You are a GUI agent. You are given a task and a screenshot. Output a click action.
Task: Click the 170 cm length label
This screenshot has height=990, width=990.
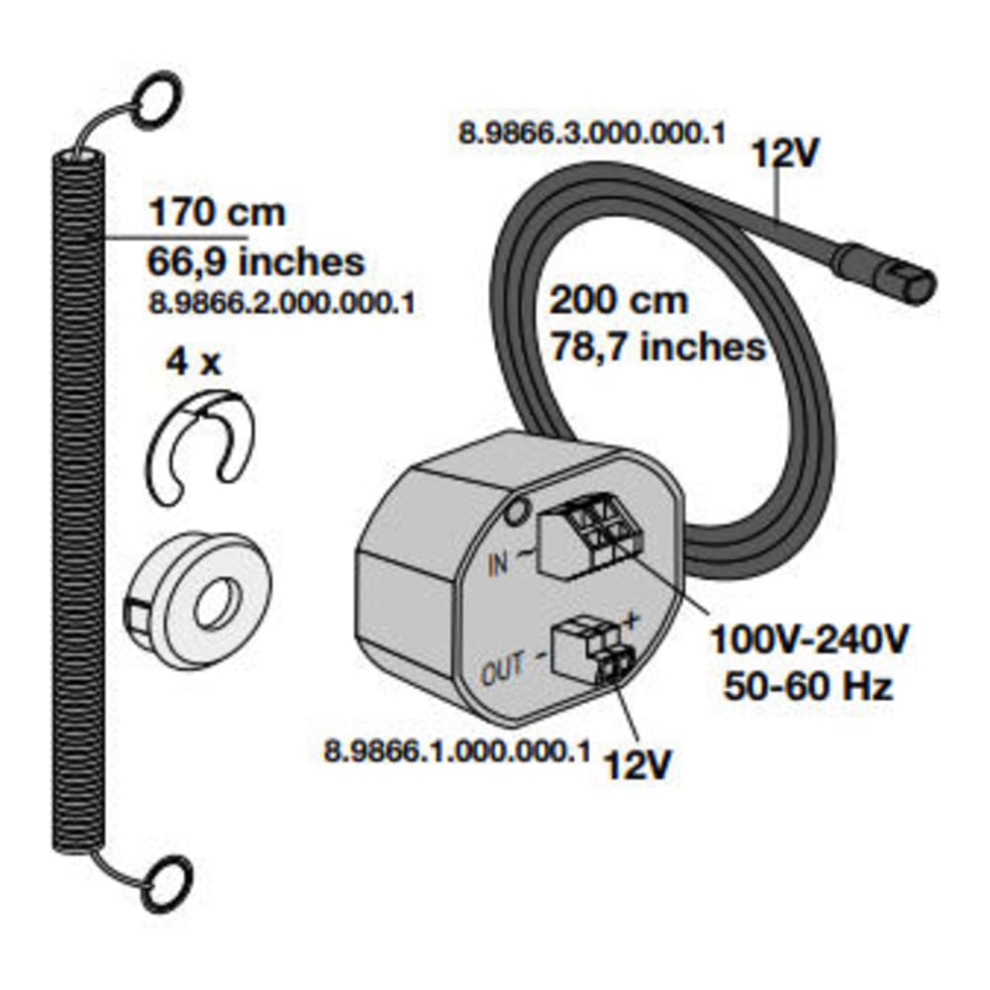tap(217, 212)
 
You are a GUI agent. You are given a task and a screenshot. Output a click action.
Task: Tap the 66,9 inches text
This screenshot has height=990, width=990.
tap(255, 261)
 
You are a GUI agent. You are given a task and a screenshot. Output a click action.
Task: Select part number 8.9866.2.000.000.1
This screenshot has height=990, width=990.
tap(281, 303)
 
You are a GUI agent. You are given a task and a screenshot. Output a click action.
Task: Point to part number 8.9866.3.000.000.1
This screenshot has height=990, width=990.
tap(592, 134)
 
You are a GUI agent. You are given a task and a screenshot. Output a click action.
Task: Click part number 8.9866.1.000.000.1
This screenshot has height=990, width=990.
tap(457, 751)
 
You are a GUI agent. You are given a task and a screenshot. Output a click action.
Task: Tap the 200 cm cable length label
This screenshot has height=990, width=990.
tap(618, 300)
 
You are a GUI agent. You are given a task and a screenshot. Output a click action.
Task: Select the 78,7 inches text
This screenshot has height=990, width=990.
tap(658, 346)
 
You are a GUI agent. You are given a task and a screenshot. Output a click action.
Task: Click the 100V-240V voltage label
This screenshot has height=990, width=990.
tap(810, 639)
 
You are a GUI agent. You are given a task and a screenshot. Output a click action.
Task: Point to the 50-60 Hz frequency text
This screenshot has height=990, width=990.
tap(809, 686)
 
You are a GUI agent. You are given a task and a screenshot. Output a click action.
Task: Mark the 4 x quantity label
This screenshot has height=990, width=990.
tap(193, 362)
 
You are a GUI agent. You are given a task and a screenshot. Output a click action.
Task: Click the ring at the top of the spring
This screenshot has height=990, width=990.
tap(157, 97)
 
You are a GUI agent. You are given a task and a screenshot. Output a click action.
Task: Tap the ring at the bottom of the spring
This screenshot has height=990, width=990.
tap(166, 883)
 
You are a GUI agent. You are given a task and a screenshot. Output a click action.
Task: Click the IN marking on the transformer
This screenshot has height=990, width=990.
tap(498, 563)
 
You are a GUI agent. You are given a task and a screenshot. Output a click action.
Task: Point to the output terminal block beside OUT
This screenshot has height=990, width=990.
tap(590, 652)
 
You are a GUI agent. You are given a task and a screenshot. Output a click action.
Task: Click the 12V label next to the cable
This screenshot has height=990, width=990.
tap(786, 153)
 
